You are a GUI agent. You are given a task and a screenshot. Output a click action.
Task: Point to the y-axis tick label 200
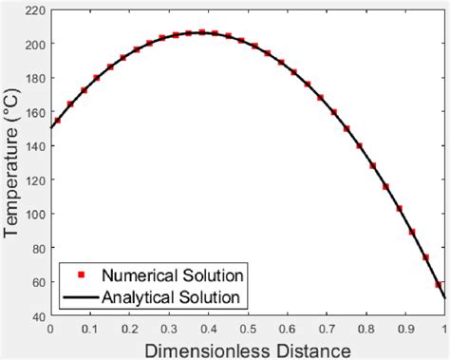[x=34, y=44]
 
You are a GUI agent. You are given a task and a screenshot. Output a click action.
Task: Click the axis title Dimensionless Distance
[x=247, y=349]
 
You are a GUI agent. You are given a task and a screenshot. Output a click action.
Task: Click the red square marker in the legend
[x=82, y=275]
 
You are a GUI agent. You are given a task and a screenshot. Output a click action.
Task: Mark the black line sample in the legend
[x=82, y=298]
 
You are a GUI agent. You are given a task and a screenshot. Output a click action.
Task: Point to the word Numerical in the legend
[x=142, y=275]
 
